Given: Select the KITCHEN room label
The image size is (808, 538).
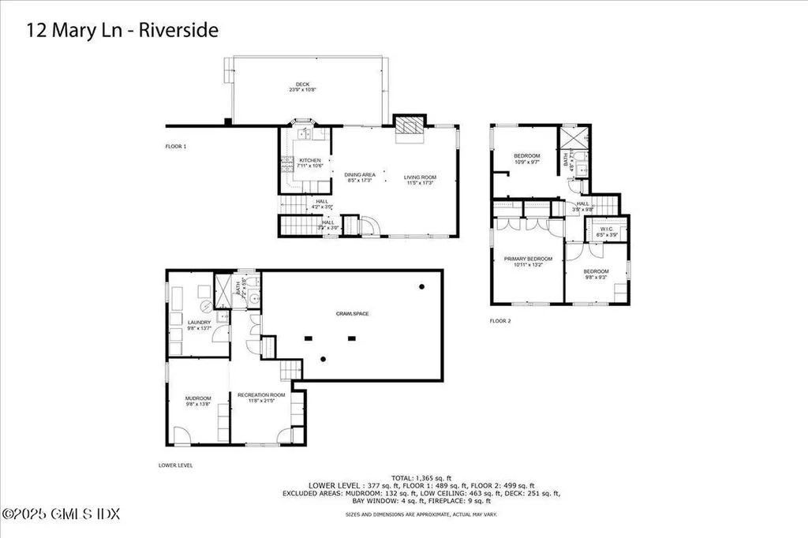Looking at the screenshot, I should [310, 160].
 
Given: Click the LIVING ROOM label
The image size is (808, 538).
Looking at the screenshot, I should [420, 176].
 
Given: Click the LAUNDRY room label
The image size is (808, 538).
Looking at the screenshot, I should [199, 322].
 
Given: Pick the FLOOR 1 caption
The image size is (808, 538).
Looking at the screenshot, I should [174, 147].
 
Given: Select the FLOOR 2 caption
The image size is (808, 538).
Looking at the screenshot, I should [500, 321].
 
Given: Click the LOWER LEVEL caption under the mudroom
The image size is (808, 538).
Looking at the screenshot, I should [175, 465].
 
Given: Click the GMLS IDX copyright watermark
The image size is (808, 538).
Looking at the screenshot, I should [61, 514].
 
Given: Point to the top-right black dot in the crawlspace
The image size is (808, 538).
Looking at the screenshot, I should [422, 286].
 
